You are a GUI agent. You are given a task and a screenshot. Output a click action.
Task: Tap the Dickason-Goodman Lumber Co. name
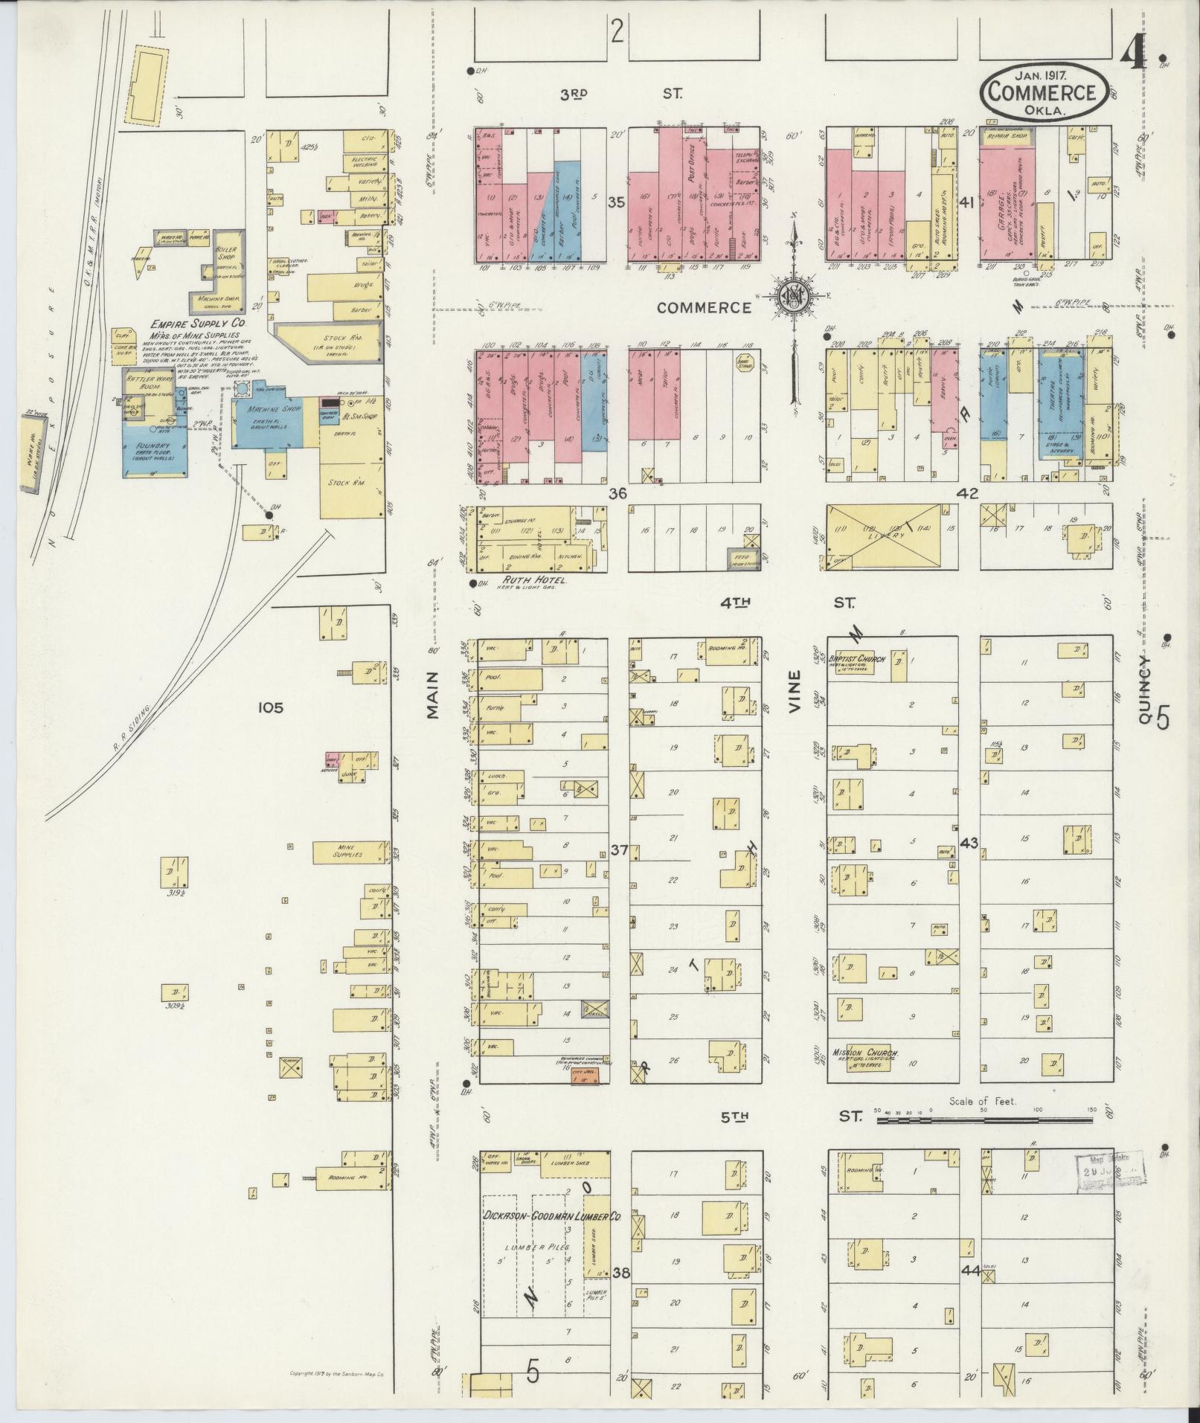point(552,1215)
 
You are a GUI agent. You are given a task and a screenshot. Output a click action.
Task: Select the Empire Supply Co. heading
point(199,324)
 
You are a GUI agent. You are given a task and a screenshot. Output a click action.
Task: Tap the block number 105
point(270,707)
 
